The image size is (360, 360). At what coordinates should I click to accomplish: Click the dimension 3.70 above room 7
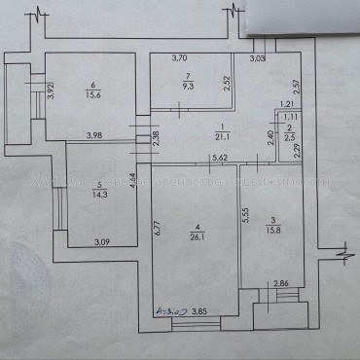pyautogui.click(x=179, y=59)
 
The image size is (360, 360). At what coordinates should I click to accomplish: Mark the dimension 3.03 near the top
pyautogui.click(x=257, y=59)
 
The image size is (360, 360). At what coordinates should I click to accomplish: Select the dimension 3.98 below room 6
pyautogui.click(x=94, y=134)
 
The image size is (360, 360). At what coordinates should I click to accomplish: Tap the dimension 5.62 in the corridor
pyautogui.click(x=219, y=157)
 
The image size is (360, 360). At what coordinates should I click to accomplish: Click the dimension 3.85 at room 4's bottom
pyautogui.click(x=198, y=312)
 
